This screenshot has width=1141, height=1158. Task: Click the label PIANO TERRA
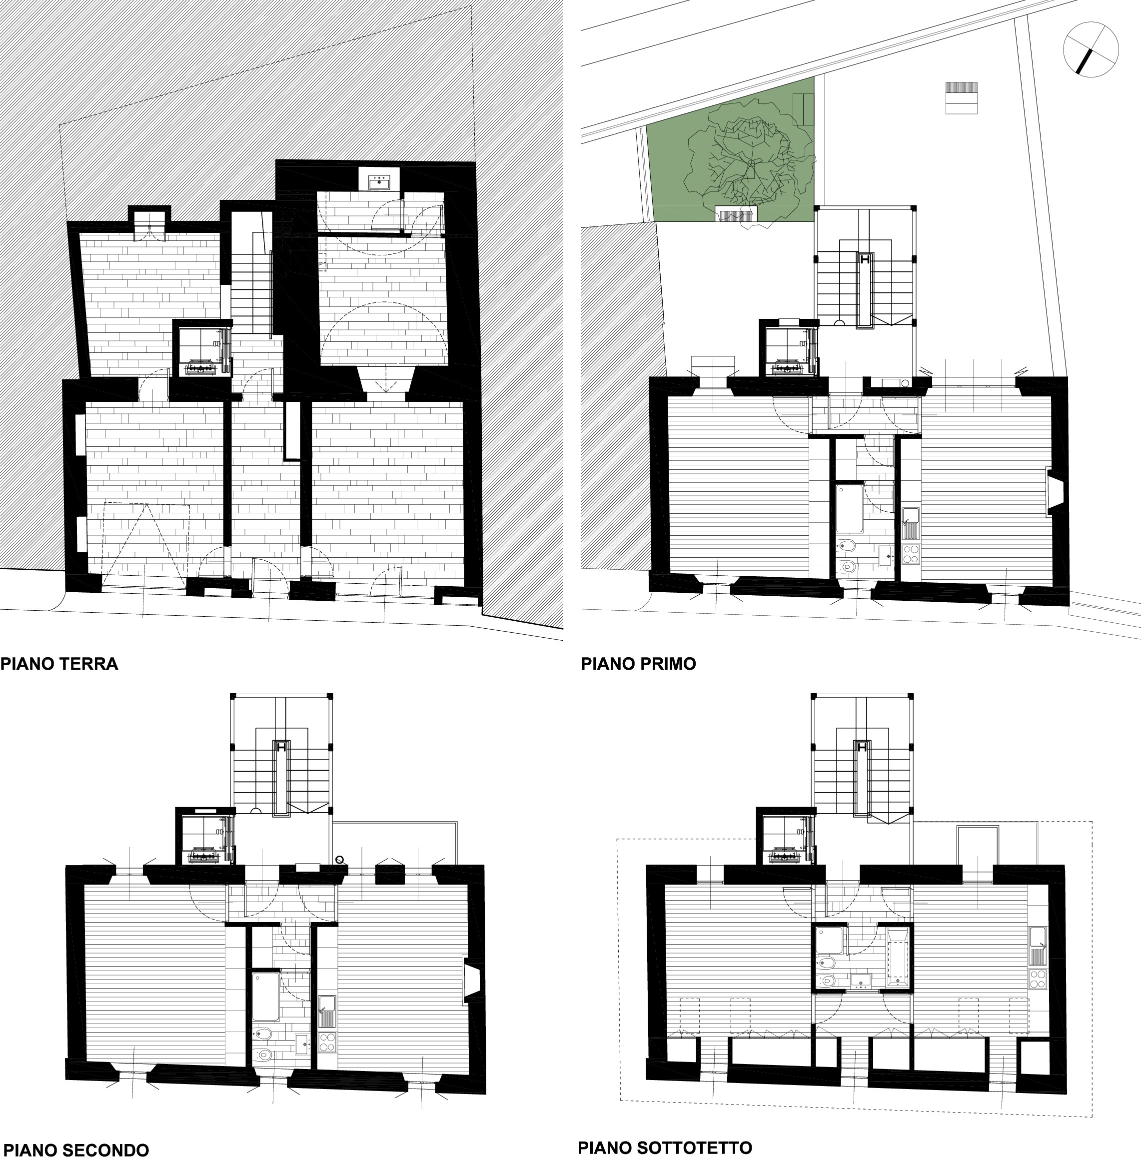click(x=59, y=664)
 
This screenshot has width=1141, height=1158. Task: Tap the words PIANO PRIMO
click(x=638, y=664)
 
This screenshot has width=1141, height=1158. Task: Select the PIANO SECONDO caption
click(x=74, y=1150)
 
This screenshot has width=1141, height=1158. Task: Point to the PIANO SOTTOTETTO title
click(x=665, y=1147)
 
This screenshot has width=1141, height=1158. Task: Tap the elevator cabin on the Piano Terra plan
click(x=202, y=349)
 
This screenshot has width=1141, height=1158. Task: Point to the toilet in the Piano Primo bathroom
click(x=846, y=545)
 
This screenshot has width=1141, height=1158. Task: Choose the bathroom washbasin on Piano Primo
click(x=886, y=556)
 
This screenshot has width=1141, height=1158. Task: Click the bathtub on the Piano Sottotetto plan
click(x=897, y=958)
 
